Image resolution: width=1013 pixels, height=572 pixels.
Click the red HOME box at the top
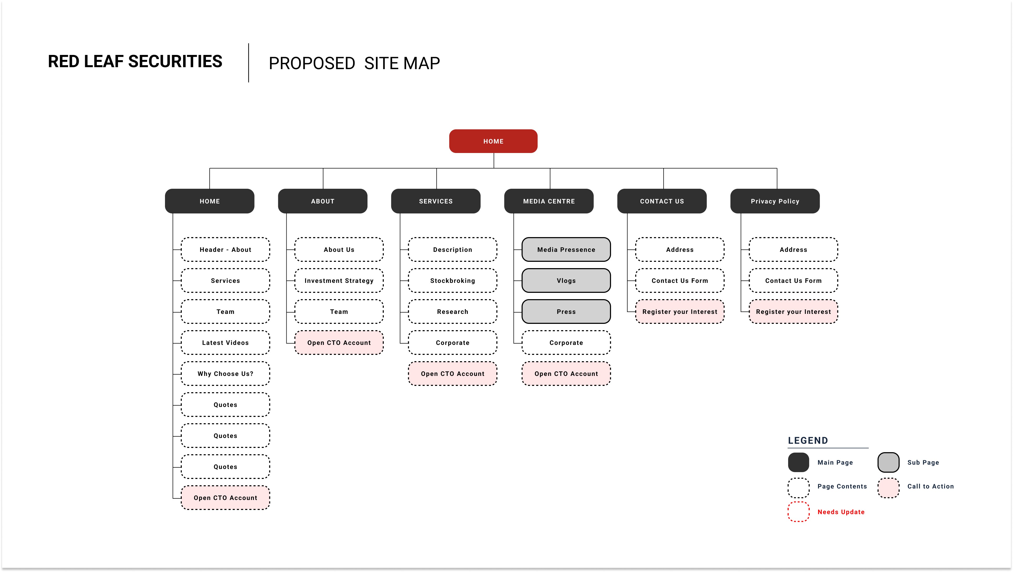coord(493,141)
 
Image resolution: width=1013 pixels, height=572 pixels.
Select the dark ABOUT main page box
coord(322,201)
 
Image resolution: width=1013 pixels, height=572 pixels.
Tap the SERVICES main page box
coord(436,201)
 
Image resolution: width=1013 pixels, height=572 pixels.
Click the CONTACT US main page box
coord(662,201)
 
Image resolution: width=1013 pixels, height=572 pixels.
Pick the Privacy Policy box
coord(775,201)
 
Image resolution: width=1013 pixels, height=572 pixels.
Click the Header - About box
coord(225,249)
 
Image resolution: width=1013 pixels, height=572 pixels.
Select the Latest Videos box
coord(225,343)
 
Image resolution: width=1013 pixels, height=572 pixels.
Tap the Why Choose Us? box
coord(225,374)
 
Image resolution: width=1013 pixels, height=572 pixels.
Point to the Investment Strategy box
coord(339,280)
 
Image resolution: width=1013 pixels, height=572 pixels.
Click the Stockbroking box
coord(453,280)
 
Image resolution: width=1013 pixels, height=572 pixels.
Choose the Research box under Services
coord(453,311)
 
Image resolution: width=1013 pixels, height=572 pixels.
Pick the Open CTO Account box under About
coord(339,343)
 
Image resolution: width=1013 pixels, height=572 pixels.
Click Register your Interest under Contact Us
coord(680,311)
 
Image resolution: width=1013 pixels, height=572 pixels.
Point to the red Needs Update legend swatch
coord(798,512)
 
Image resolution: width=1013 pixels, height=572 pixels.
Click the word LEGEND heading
coord(808,441)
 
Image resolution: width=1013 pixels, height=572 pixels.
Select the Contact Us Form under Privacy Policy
coord(793,280)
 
